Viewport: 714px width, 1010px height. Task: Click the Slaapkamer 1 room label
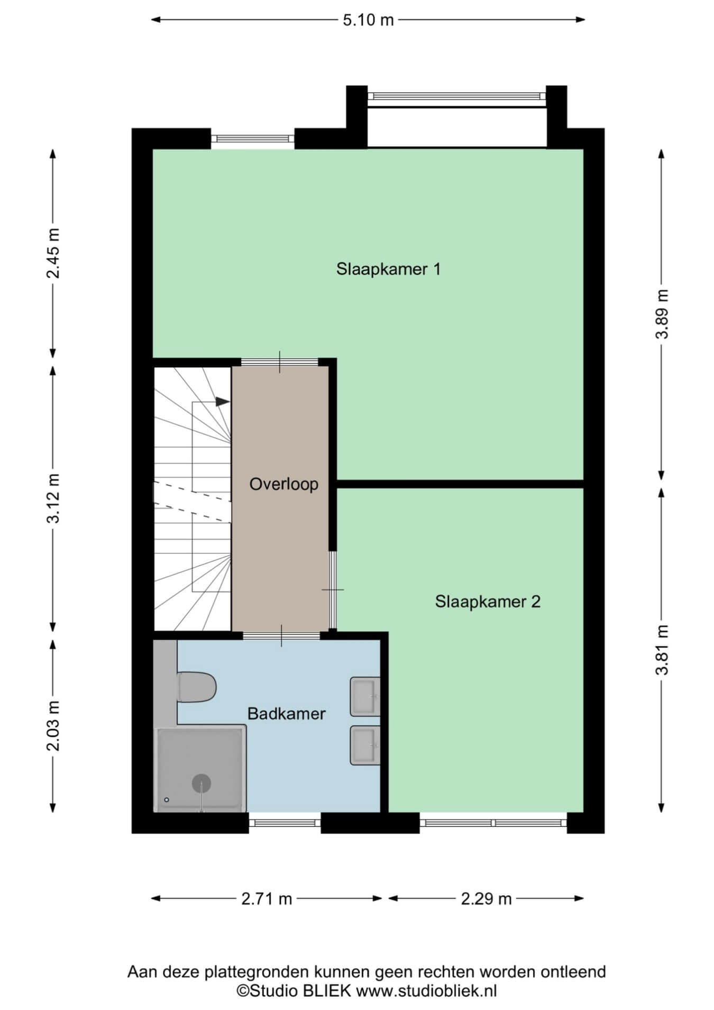pos(388,269)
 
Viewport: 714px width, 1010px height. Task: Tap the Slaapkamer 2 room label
pos(488,602)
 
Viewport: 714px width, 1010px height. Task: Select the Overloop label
pos(284,484)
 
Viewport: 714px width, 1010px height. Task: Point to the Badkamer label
pos(286,714)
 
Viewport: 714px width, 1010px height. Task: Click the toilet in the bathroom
pos(197,687)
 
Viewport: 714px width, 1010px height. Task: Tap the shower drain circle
pos(202,784)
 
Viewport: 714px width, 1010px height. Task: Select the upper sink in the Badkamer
pos(365,697)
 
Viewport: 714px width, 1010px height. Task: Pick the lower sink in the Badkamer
pos(365,745)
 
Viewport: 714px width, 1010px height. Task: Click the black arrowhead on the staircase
pos(223,402)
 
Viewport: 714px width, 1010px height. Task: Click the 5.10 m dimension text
pos(368,20)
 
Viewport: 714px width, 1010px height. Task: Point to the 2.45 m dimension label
pos(53,253)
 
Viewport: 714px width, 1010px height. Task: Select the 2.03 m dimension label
pos(53,726)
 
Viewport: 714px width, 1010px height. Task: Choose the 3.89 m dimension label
pos(662,314)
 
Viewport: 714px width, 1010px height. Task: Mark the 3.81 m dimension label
pos(662,650)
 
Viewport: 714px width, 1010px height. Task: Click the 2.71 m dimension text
pos(267,899)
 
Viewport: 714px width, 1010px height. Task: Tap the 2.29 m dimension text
pos(486,899)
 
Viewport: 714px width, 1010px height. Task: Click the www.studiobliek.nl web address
pos(426,990)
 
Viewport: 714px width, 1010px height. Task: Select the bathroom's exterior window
pos(285,823)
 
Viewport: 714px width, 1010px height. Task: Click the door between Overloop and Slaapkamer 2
pos(333,590)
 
